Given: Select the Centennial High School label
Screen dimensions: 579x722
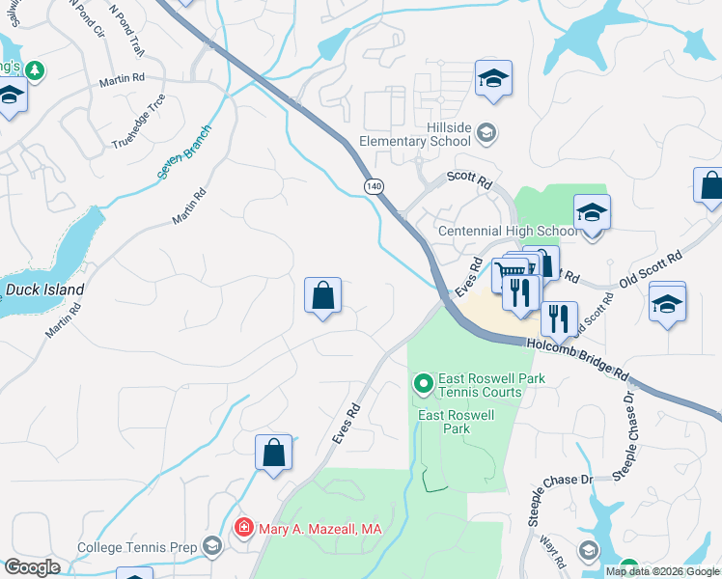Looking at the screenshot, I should pos(508,232).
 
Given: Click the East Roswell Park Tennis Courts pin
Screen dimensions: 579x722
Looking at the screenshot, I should pos(423,384).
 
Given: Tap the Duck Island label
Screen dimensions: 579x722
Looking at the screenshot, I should pos(44,289).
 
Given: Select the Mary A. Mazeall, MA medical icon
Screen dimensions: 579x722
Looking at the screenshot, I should pos(243,528).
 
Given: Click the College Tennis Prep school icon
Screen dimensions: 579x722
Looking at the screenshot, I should pos(210,547).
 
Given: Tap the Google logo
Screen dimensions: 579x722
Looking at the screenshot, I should pos(32,567).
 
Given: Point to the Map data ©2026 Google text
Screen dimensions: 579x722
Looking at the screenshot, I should pos(661,571).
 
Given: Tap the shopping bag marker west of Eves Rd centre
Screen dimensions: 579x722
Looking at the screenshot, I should pos(322,295).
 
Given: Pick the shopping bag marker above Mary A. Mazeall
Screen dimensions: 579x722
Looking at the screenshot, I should pos(273,453).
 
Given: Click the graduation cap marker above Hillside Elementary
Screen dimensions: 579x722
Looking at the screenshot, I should pos(493,80).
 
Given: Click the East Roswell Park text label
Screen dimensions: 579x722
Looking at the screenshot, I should pos(456,421).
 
